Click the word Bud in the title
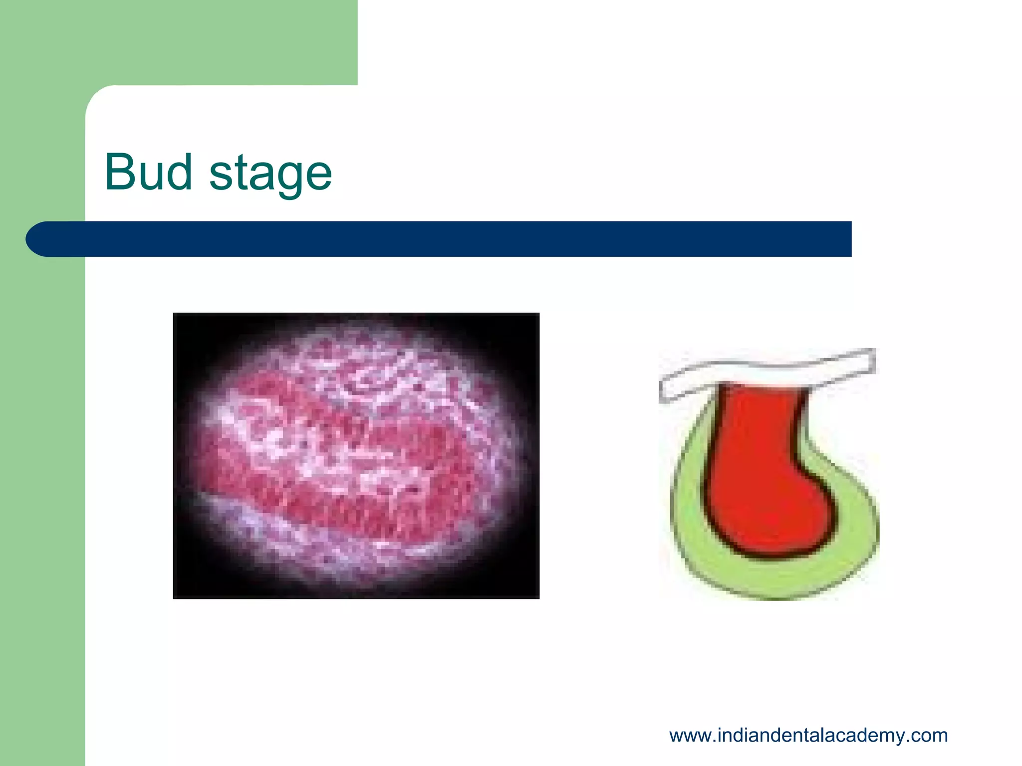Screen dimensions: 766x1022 [x=148, y=172]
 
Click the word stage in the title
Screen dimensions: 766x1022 [x=270, y=175]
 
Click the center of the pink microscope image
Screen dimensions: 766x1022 [x=356, y=455]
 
